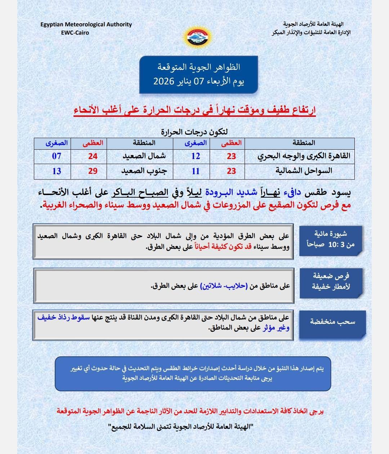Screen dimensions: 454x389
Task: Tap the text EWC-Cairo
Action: (x=75, y=32)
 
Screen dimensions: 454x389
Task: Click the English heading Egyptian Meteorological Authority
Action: (x=86, y=25)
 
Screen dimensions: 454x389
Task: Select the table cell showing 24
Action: (x=93, y=157)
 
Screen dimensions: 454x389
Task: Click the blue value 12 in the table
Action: (x=196, y=157)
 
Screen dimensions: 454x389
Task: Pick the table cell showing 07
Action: (x=57, y=157)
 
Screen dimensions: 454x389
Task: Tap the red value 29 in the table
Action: (x=93, y=171)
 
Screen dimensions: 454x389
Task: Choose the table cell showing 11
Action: (x=196, y=171)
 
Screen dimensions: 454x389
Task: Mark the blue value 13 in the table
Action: (x=57, y=171)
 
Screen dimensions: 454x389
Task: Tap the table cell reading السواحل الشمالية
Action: (x=304, y=171)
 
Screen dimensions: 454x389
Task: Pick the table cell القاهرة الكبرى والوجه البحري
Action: (x=304, y=157)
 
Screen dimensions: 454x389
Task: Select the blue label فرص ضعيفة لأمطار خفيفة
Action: (x=331, y=281)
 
